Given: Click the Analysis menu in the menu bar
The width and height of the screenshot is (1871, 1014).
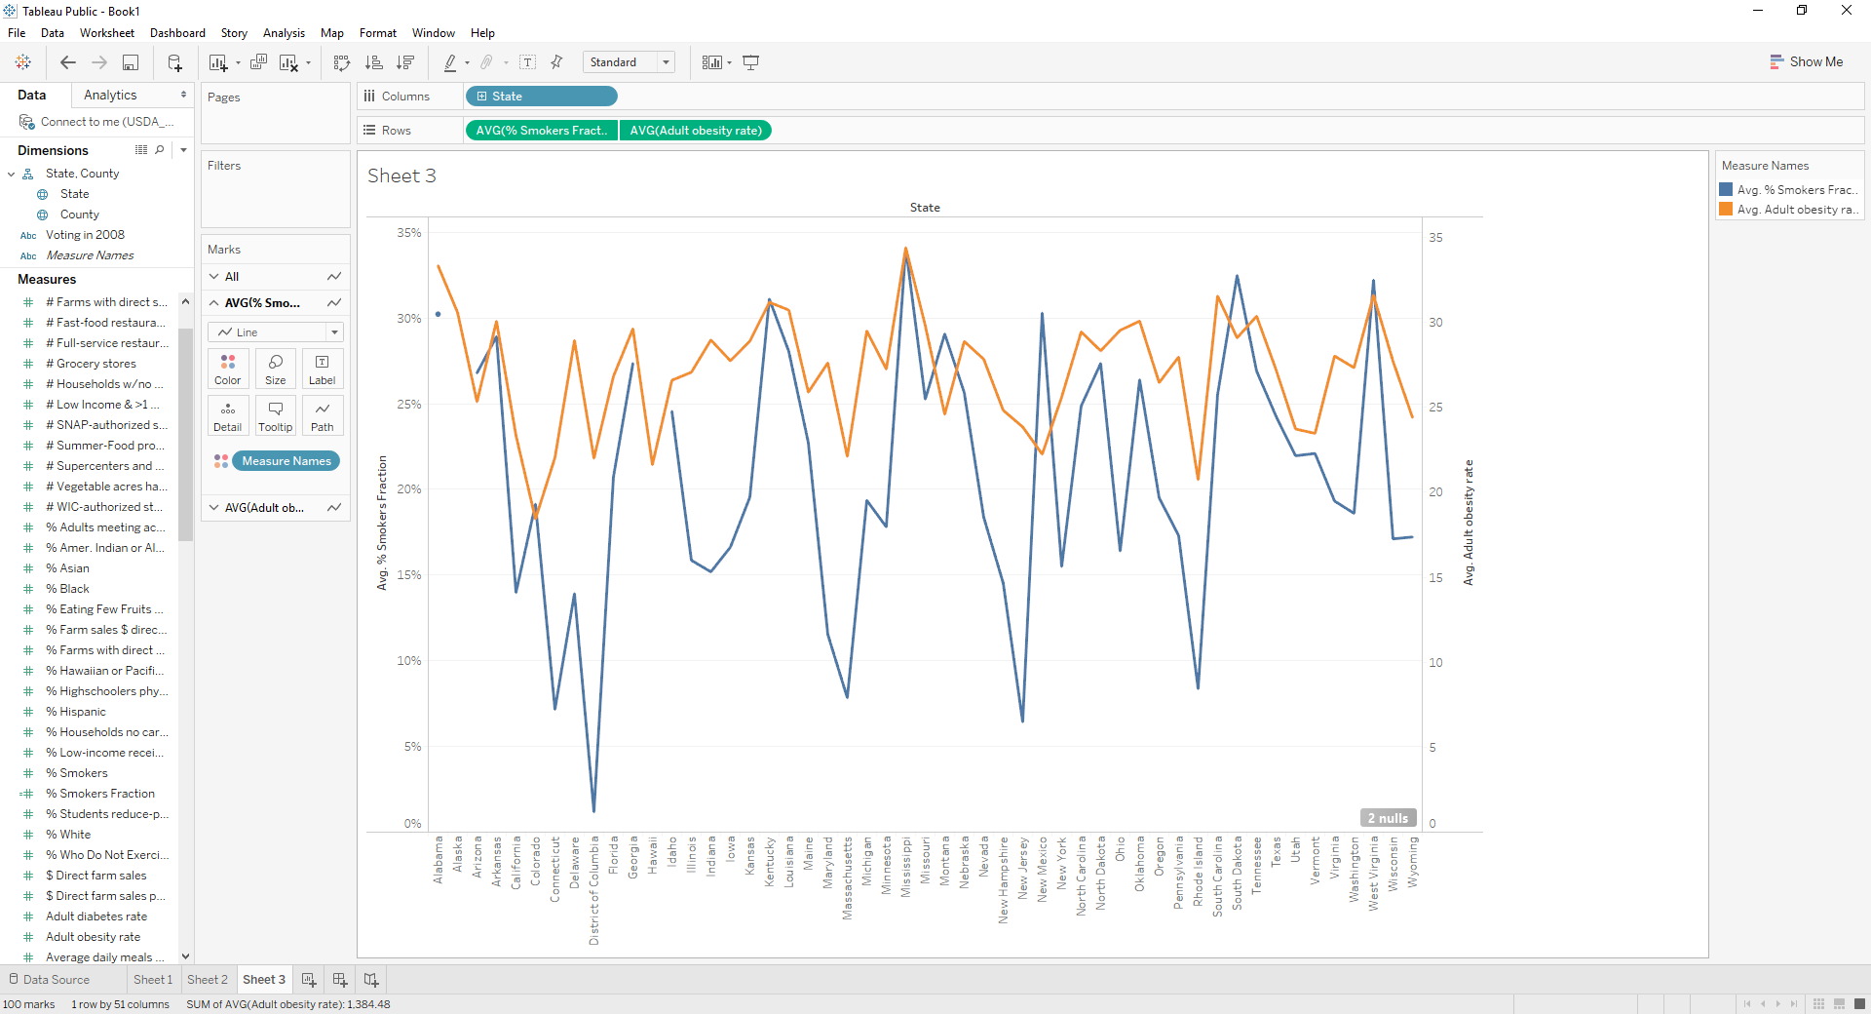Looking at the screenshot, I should pos(284,33).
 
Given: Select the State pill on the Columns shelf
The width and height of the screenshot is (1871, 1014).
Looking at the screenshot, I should pos(541,97).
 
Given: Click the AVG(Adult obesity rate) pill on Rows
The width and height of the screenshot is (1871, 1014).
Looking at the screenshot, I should pos(695,131).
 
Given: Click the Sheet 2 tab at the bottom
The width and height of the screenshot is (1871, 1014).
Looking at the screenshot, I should pos(207,980).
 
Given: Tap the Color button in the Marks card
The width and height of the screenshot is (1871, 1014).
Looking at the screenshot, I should pos(227,370).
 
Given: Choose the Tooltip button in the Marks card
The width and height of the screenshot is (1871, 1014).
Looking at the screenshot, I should pos(275,416).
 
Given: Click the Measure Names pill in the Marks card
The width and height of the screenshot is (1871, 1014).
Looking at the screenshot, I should pos(286,461).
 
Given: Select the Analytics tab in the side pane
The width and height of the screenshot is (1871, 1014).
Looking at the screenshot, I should pos(110,95).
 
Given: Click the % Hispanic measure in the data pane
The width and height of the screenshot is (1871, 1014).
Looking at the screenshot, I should pos(82,712).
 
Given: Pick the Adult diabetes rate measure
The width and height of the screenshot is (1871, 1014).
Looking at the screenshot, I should pos(95,916).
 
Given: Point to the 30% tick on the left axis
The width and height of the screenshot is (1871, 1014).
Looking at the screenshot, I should pos(409,319).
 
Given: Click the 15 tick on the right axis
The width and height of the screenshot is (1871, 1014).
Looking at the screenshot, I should pos(1435,577).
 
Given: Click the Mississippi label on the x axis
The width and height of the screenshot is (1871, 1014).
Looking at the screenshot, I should pos(905,867).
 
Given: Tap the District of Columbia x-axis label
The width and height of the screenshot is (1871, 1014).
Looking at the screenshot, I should pos(593,889).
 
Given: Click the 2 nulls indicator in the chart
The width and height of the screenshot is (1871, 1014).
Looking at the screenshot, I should pos(1387,818).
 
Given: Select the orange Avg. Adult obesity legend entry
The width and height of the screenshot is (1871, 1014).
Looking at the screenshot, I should pos(1790,210).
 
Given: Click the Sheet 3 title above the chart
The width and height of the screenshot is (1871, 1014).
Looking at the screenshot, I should pos(401,175).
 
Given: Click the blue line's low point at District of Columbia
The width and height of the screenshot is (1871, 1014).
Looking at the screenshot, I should pos(593,811).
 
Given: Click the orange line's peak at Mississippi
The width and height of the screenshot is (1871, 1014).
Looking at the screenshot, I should pos(905,248).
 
